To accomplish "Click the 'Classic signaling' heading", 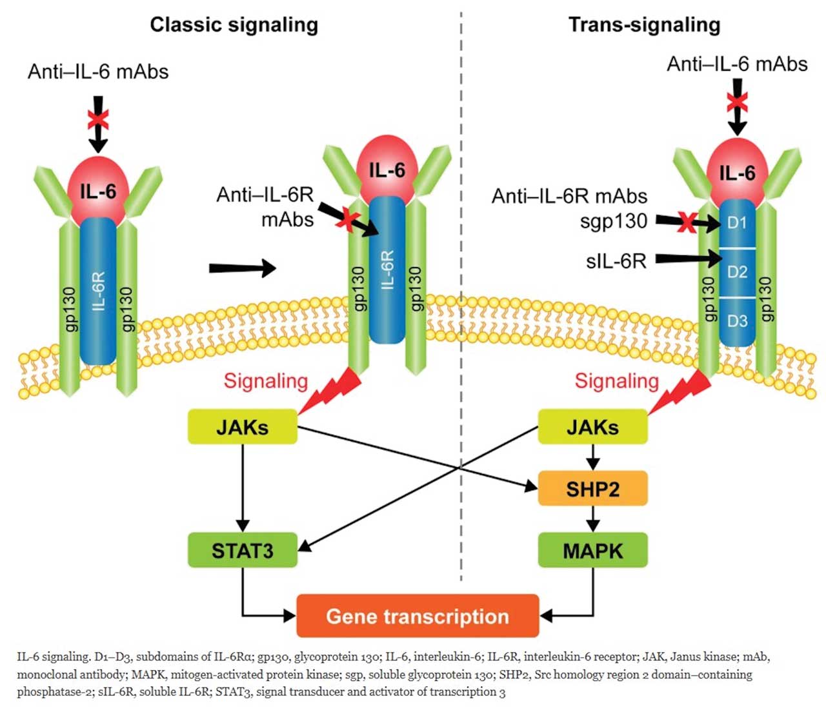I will point(234,25).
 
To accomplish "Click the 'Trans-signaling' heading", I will point(644,25).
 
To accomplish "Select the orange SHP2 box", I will point(592,488).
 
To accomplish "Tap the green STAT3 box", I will point(243,550).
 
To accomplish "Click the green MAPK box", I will point(592,550).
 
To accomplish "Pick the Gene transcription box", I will point(418,616).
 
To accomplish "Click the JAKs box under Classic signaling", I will point(243,427).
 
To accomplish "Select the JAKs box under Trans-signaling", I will point(592,427).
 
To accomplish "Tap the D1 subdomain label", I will point(737,223).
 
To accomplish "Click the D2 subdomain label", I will point(737,272).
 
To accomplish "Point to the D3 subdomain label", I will point(737,320).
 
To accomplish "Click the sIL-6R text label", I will point(616,261).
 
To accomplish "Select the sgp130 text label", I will point(613,221).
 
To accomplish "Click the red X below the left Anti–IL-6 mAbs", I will point(98,119).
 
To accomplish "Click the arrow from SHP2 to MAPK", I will point(592,518).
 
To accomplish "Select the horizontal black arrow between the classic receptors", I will point(242,268).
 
